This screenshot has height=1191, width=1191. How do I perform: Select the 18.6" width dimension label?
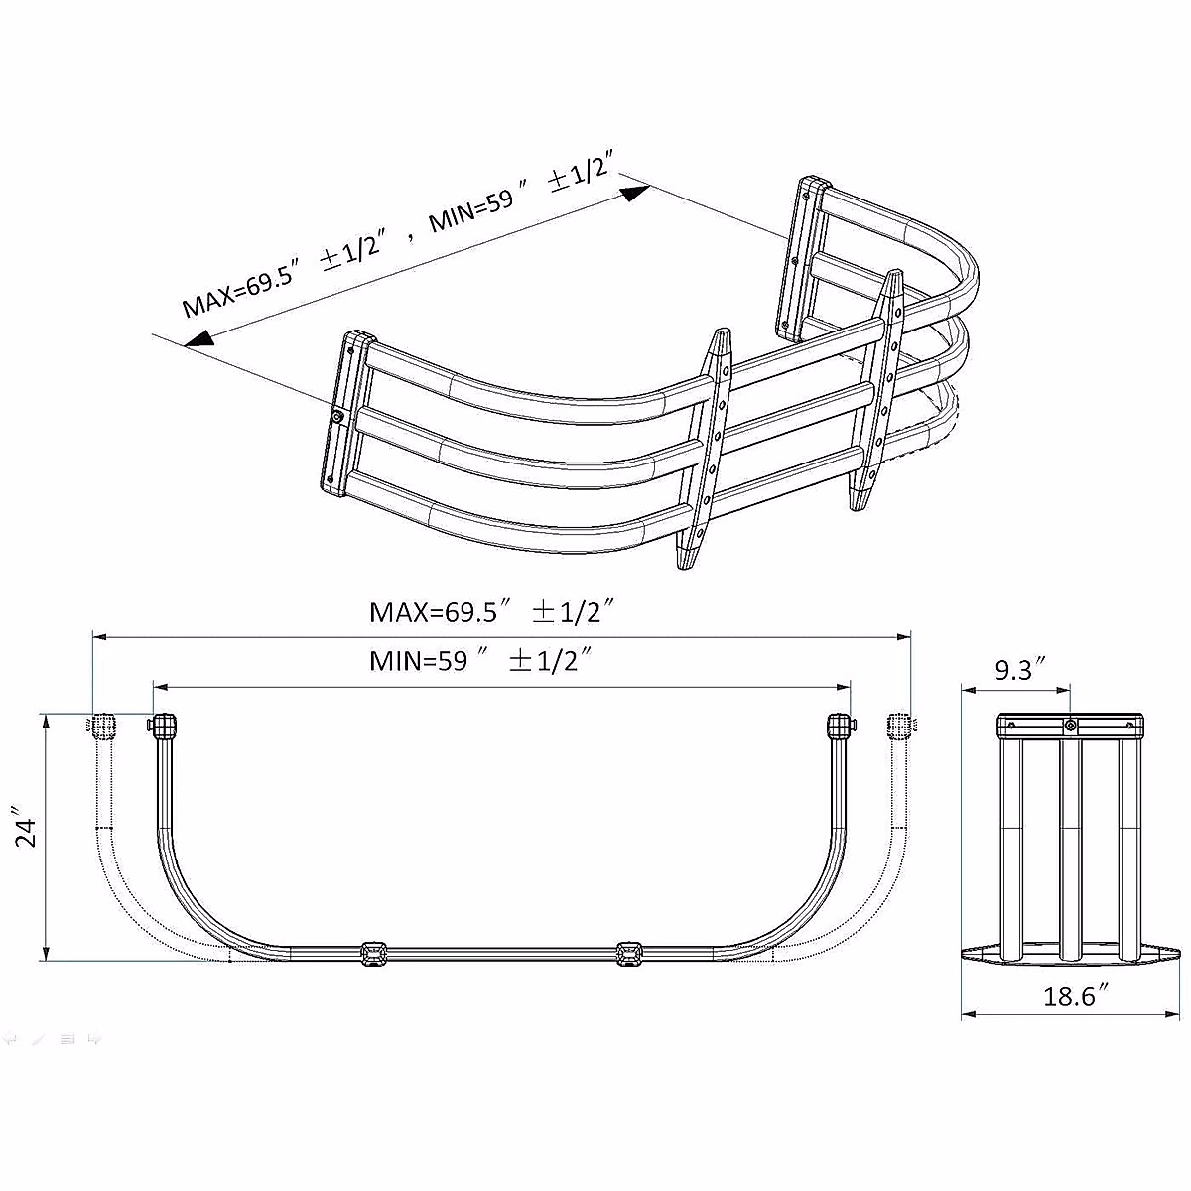click(x=1068, y=995)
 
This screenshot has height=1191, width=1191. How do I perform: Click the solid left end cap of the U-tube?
click(x=163, y=727)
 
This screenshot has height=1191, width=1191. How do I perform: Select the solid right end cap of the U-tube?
click(x=840, y=727)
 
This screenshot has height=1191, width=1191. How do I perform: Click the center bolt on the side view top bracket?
click(x=1070, y=727)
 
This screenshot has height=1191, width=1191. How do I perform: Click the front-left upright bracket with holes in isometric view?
click(x=707, y=447)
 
